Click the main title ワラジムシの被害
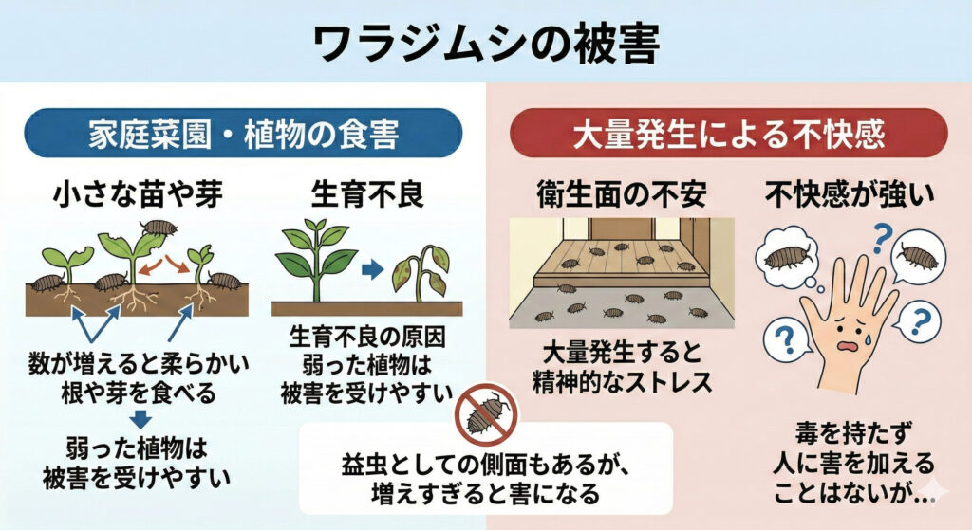[485, 42]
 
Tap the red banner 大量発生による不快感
[728, 132]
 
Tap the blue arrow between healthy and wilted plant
[372, 269]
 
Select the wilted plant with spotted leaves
[421, 270]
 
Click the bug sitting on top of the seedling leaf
[157, 227]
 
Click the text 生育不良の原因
[365, 337]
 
